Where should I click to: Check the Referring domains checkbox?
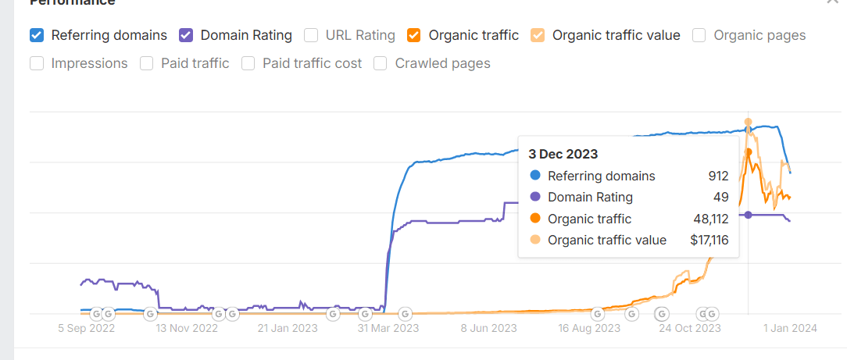point(36,35)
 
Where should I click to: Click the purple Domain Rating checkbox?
point(186,35)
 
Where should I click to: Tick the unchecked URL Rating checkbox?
point(311,35)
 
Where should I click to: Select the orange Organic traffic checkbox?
point(414,35)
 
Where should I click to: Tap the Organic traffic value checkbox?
point(538,35)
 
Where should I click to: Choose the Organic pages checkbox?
point(699,35)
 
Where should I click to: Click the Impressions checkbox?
point(36,63)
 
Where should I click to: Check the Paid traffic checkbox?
point(146,63)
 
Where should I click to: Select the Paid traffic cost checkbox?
point(248,63)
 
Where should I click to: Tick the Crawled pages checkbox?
point(381,63)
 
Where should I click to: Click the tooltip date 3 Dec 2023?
point(563,154)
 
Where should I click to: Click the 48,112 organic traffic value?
point(707,219)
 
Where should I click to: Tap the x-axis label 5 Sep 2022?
point(86,328)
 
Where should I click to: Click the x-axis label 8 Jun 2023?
point(489,328)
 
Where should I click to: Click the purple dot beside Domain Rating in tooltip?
point(534,198)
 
